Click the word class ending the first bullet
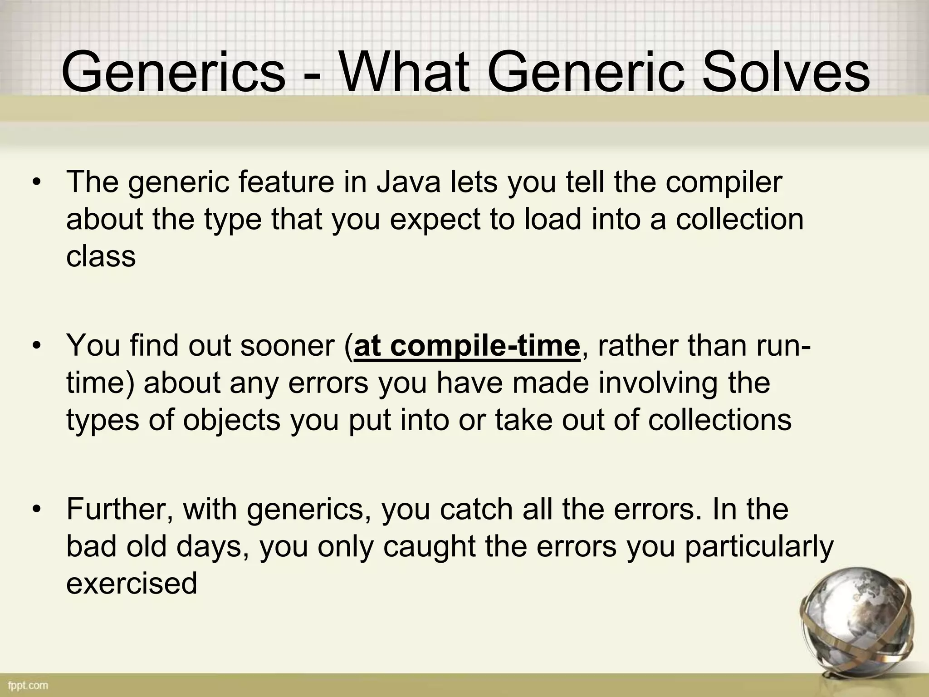pos(101,256)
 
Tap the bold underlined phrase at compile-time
pos(467,346)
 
